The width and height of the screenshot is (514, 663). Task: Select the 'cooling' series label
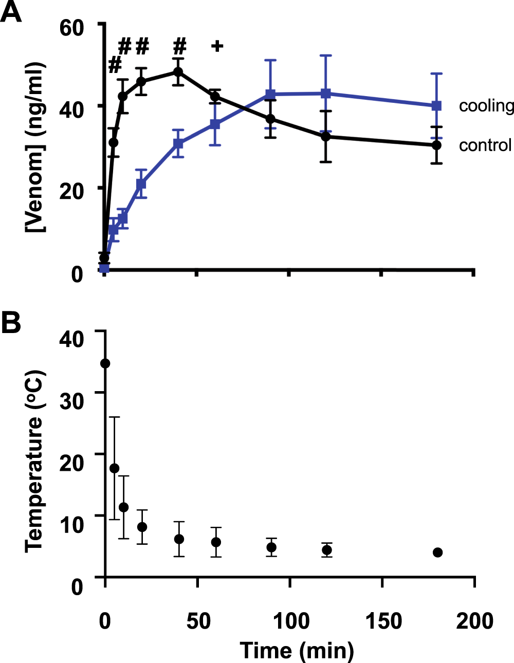pos(486,106)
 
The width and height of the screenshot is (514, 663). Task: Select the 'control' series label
pos(485,145)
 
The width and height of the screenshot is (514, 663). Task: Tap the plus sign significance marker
pos(217,46)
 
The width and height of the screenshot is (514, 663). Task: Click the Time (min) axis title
pos(297,650)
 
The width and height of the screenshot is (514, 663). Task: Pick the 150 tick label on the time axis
pos(383,621)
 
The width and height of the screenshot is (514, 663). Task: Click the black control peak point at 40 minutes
pos(178,72)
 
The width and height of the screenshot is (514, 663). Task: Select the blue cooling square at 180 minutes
pos(436,106)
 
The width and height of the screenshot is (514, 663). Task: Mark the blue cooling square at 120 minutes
pos(325,94)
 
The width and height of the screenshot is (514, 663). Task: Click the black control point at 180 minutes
pos(436,145)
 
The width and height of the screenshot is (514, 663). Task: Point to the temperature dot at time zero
pos(105,363)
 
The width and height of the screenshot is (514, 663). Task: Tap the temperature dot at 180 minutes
pos(438,552)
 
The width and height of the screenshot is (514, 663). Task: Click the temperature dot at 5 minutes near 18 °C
pos(114,468)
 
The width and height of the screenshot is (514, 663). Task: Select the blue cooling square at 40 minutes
pos(178,143)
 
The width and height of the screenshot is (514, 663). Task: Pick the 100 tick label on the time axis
pos(290,621)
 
